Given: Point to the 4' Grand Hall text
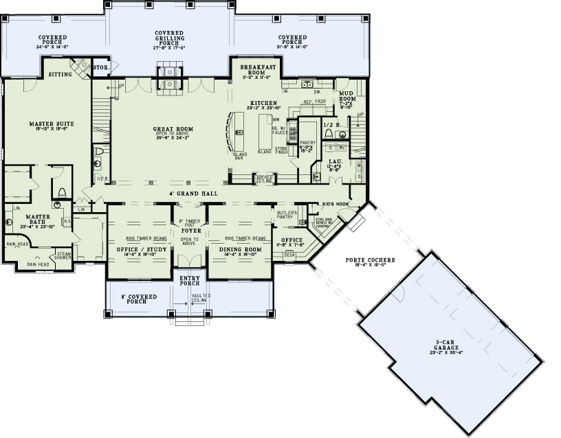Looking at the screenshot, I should tap(193, 194).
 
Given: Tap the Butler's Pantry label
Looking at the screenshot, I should tap(287, 215).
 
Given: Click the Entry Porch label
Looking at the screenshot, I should tap(189, 279).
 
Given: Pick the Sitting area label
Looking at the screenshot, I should tap(60, 73).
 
